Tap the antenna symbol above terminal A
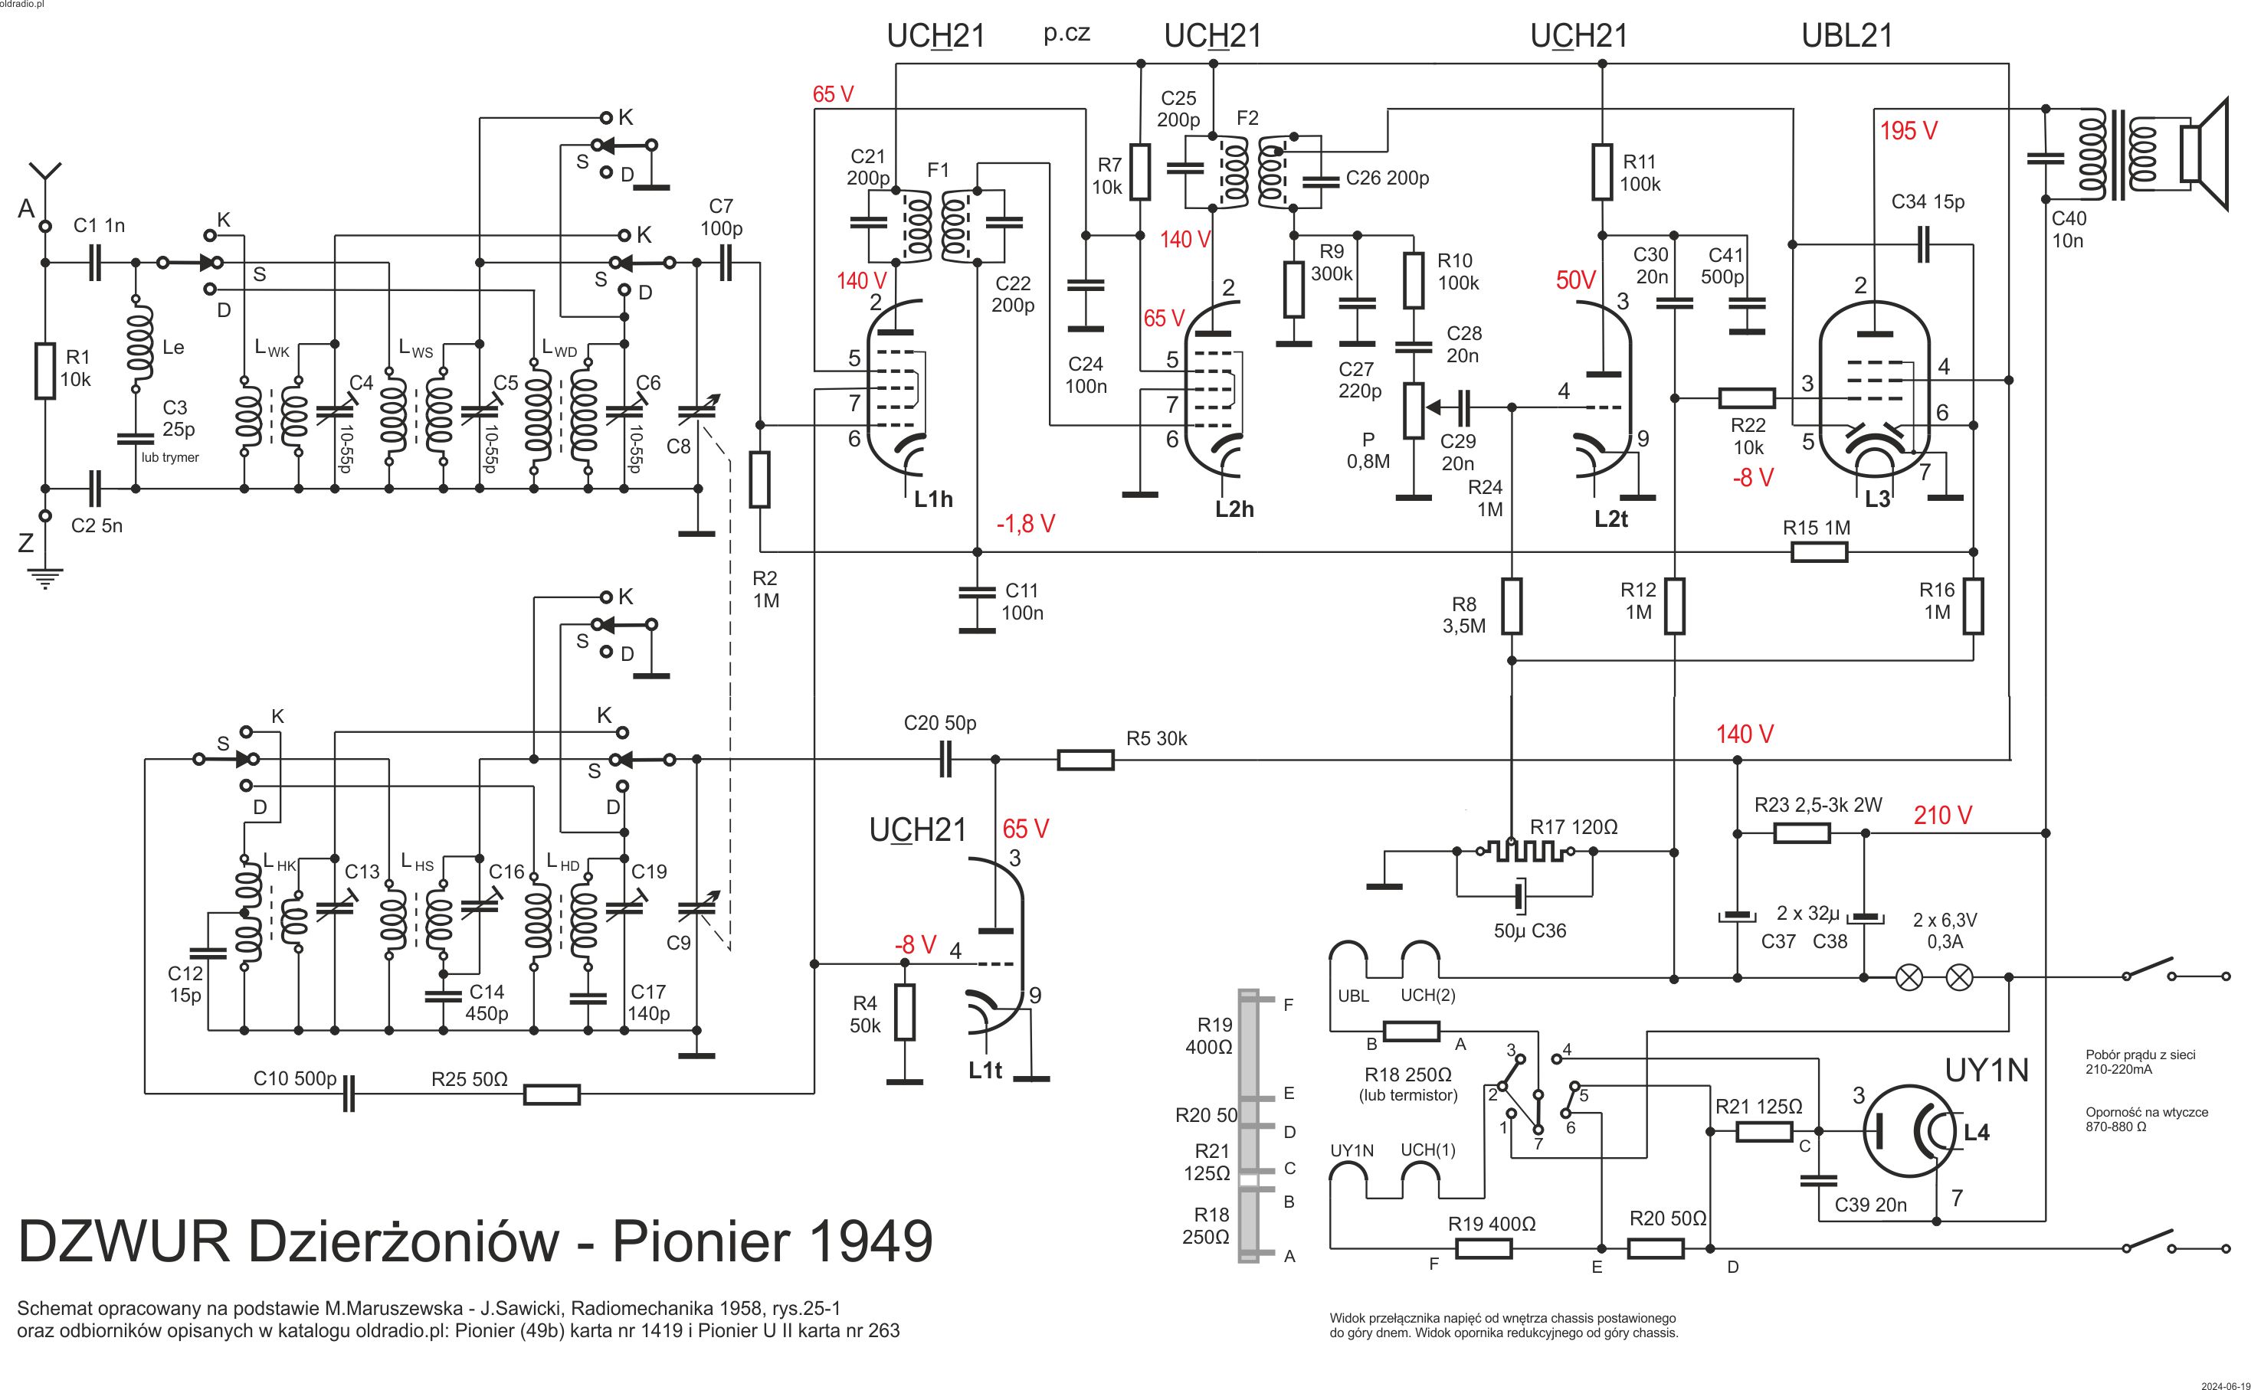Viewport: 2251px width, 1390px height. [45, 175]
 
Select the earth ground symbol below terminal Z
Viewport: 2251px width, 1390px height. [45, 578]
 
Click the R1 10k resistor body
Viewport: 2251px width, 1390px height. [45, 371]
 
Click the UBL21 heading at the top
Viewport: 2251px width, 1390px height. [1846, 36]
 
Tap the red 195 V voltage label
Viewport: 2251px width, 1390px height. [1908, 132]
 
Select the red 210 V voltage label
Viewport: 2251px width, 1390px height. [1943, 816]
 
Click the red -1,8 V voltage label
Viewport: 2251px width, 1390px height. [1025, 524]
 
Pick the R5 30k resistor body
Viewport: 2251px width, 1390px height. [1085, 760]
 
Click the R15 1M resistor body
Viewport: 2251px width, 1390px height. [1818, 552]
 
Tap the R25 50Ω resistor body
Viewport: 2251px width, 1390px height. [552, 1094]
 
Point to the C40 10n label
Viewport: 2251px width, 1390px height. [2069, 230]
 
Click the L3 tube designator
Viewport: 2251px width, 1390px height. [1877, 499]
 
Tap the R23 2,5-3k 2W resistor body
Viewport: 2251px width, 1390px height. [1801, 834]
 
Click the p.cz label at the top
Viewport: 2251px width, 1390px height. [1067, 33]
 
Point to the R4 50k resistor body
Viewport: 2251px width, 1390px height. [905, 1012]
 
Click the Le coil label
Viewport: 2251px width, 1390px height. [173, 348]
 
